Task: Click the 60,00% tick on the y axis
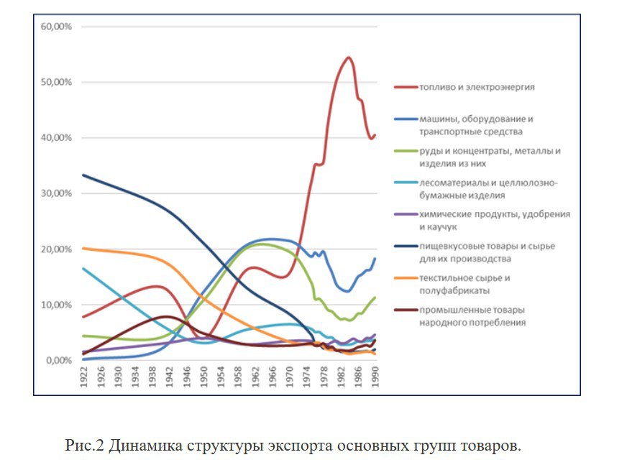57,27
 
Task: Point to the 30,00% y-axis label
57,193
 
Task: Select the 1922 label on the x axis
84,378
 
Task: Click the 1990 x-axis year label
375,378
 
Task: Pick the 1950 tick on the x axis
203,378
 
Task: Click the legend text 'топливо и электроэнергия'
477,87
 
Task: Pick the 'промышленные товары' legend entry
472,316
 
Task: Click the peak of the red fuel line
348,57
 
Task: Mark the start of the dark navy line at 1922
83,175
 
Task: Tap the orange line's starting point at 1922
83,248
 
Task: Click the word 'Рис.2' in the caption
85,446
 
